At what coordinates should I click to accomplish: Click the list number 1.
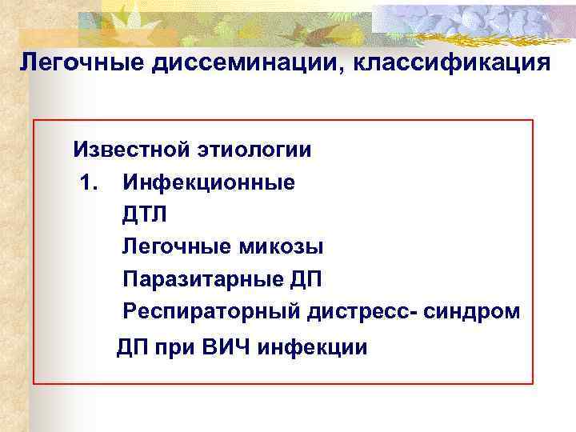[89, 182]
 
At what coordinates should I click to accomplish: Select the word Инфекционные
[208, 182]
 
